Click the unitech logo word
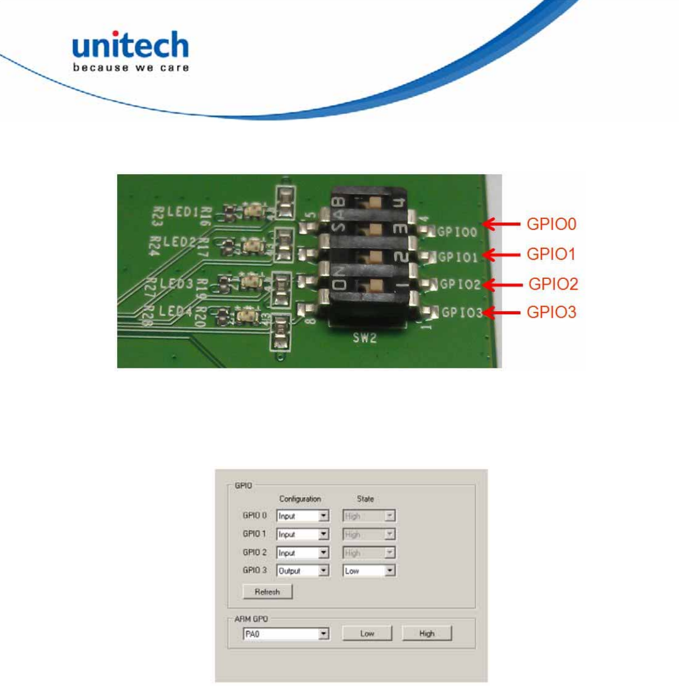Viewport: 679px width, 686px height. click(x=130, y=45)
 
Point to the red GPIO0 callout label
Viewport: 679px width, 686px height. click(x=551, y=224)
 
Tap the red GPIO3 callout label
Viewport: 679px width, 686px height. click(x=551, y=312)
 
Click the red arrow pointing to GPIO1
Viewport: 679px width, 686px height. click(x=502, y=255)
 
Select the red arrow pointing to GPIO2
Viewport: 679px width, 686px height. click(x=503, y=285)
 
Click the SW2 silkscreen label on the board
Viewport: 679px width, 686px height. click(x=364, y=338)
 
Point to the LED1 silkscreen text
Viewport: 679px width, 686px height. click(x=183, y=211)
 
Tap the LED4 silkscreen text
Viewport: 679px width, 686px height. click(x=175, y=311)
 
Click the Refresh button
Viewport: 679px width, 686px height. click(x=267, y=592)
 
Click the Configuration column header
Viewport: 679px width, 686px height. click(x=300, y=499)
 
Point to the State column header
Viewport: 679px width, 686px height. click(x=365, y=499)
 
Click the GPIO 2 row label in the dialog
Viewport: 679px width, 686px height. click(x=254, y=552)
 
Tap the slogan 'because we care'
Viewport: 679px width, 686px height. click(x=131, y=68)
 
